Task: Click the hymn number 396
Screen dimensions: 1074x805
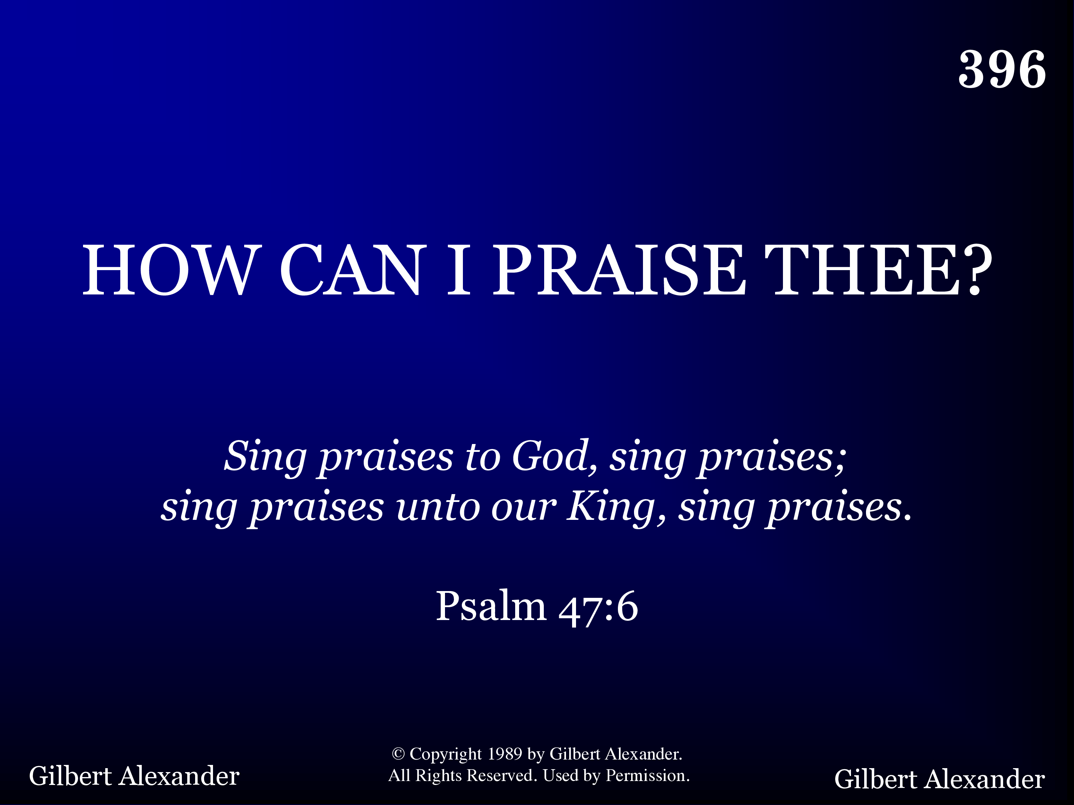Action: pos(1002,69)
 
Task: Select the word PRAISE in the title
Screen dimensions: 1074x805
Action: pos(619,270)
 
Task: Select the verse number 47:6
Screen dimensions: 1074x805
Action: pos(599,607)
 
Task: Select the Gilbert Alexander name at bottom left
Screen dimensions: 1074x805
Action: pos(134,776)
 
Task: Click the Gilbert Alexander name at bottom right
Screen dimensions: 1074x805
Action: pos(939,779)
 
